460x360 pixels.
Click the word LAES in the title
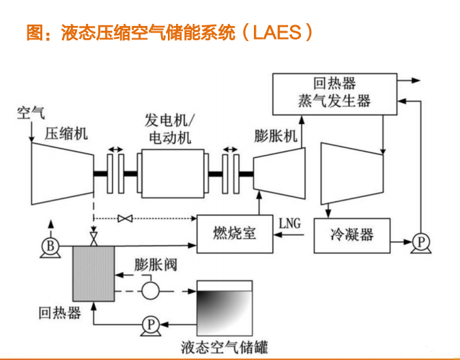pos(276,32)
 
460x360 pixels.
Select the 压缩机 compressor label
pos(67,133)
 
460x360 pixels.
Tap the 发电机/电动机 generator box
pos(171,175)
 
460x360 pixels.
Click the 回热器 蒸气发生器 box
pos(334,93)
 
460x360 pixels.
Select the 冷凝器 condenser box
pos(352,236)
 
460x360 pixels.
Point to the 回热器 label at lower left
pos(60,313)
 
